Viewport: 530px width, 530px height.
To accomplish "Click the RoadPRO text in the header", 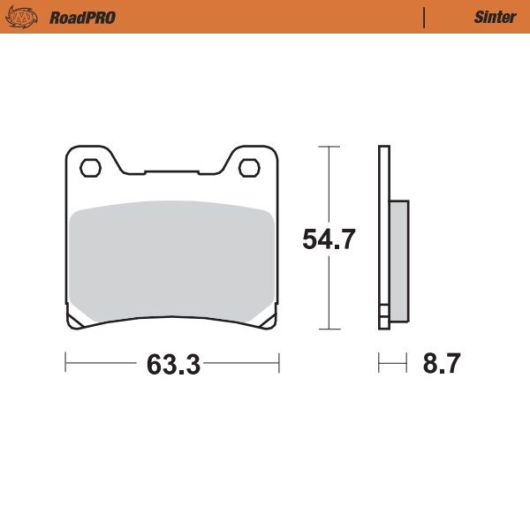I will [82, 17].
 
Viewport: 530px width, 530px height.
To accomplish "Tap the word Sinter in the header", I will [495, 17].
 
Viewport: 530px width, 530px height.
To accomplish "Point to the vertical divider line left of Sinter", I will [425, 17].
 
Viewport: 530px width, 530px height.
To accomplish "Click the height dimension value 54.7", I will [329, 239].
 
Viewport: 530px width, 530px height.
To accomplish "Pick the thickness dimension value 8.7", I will [441, 364].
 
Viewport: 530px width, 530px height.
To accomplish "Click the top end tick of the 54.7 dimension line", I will [329, 146].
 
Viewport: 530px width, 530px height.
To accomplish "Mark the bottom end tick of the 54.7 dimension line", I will [329, 329].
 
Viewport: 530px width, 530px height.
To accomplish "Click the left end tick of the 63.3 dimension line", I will [65, 363].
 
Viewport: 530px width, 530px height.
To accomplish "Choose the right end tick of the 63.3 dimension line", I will [279, 363].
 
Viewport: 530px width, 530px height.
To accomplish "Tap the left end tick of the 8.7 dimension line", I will [379, 363].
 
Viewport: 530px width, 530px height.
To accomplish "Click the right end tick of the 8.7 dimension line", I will [406, 363].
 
